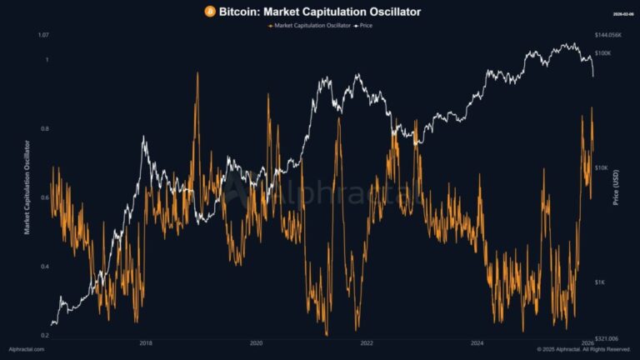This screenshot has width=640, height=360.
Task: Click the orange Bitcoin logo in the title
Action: (x=209, y=12)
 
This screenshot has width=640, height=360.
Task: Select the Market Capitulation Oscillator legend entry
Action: (x=306, y=27)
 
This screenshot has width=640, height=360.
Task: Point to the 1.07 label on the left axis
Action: (x=44, y=35)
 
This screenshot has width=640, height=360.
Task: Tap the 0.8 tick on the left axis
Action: (x=45, y=129)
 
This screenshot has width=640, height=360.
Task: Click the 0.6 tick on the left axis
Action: (x=45, y=197)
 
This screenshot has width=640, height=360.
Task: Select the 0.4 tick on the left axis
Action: (x=45, y=267)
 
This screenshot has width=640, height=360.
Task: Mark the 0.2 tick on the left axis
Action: (x=45, y=335)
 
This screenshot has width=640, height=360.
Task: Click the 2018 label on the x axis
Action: (x=146, y=342)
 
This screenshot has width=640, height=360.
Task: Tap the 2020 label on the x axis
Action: (x=256, y=342)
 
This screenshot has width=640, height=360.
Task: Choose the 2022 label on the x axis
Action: (x=367, y=342)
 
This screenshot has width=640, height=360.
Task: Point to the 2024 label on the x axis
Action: (x=477, y=342)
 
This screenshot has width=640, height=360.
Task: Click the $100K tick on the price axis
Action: (x=603, y=53)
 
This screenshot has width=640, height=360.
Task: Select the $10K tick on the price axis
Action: (x=602, y=167)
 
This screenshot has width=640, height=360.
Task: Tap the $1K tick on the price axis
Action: (x=600, y=282)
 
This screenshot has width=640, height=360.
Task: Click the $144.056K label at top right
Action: (x=609, y=35)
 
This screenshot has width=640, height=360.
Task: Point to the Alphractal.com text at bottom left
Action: (x=26, y=349)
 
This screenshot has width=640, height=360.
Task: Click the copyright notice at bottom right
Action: (x=584, y=349)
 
